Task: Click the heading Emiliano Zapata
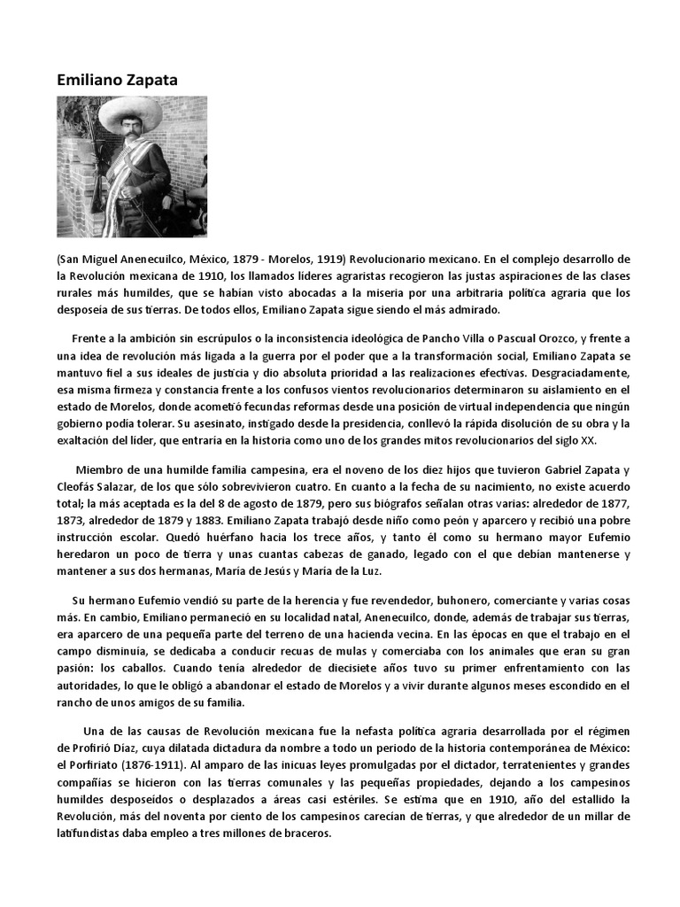pyautogui.click(x=117, y=80)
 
